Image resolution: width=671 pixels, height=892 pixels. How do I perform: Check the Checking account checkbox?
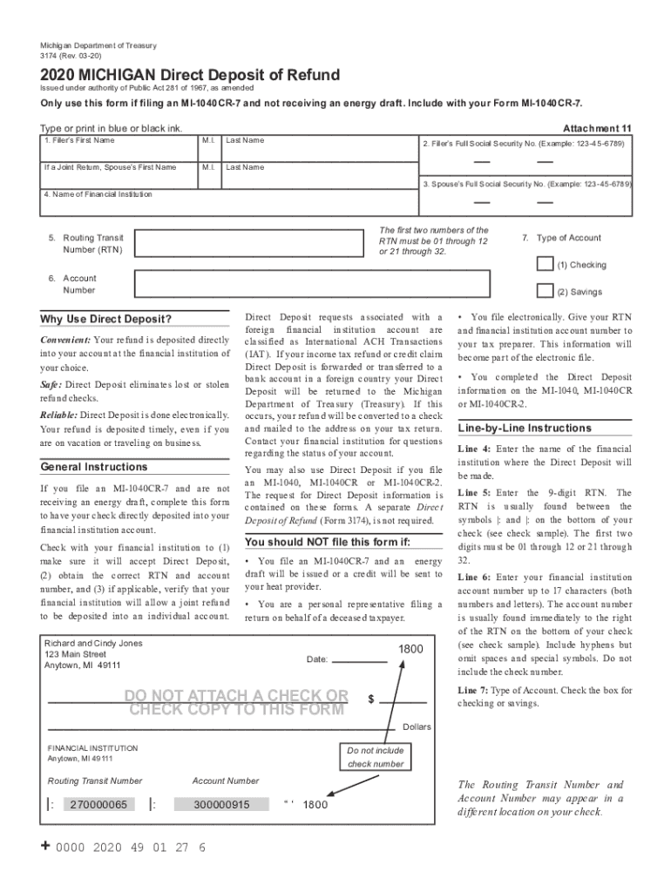pyautogui.click(x=545, y=264)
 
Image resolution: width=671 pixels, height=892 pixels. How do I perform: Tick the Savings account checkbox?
pyautogui.click(x=545, y=291)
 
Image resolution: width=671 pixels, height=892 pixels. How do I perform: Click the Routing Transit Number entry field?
pyautogui.click(x=247, y=243)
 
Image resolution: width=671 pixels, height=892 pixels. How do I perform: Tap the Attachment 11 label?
pyautogui.click(x=597, y=128)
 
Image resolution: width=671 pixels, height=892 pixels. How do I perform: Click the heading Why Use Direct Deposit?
pyautogui.click(x=106, y=319)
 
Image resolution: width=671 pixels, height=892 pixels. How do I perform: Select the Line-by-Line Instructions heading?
pyautogui.click(x=525, y=428)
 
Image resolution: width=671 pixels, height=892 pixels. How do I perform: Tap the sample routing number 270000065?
pyautogui.click(x=98, y=804)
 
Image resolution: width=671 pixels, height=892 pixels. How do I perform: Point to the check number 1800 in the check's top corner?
pyautogui.click(x=411, y=649)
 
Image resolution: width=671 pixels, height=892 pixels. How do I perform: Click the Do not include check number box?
pyautogui.click(x=376, y=757)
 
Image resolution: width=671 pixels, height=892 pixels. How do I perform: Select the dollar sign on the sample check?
pyautogui.click(x=371, y=699)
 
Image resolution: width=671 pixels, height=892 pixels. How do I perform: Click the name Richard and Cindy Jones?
pyautogui.click(x=93, y=643)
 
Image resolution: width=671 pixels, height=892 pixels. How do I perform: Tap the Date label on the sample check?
pyautogui.click(x=317, y=659)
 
